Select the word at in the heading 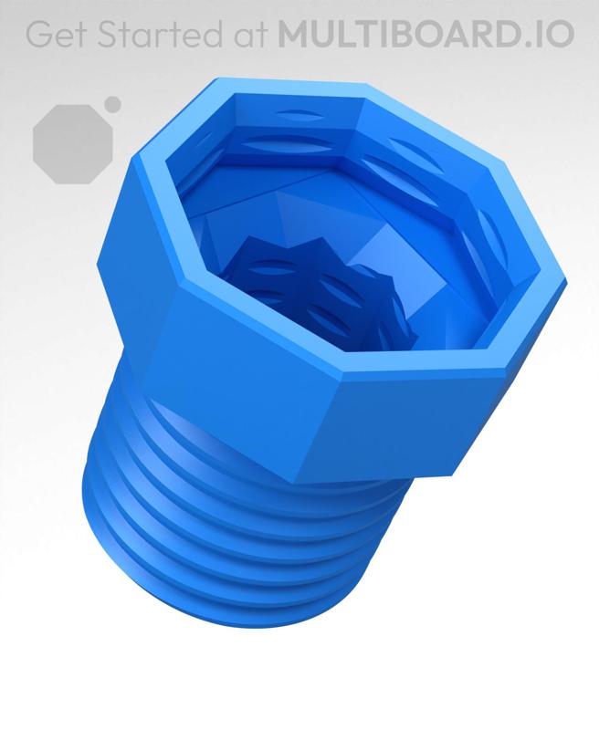click(x=248, y=34)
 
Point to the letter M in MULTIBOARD click(x=296, y=34)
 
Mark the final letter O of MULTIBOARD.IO click(x=561, y=34)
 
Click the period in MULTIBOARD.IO click(x=539, y=42)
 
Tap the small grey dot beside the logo click(x=112, y=104)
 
